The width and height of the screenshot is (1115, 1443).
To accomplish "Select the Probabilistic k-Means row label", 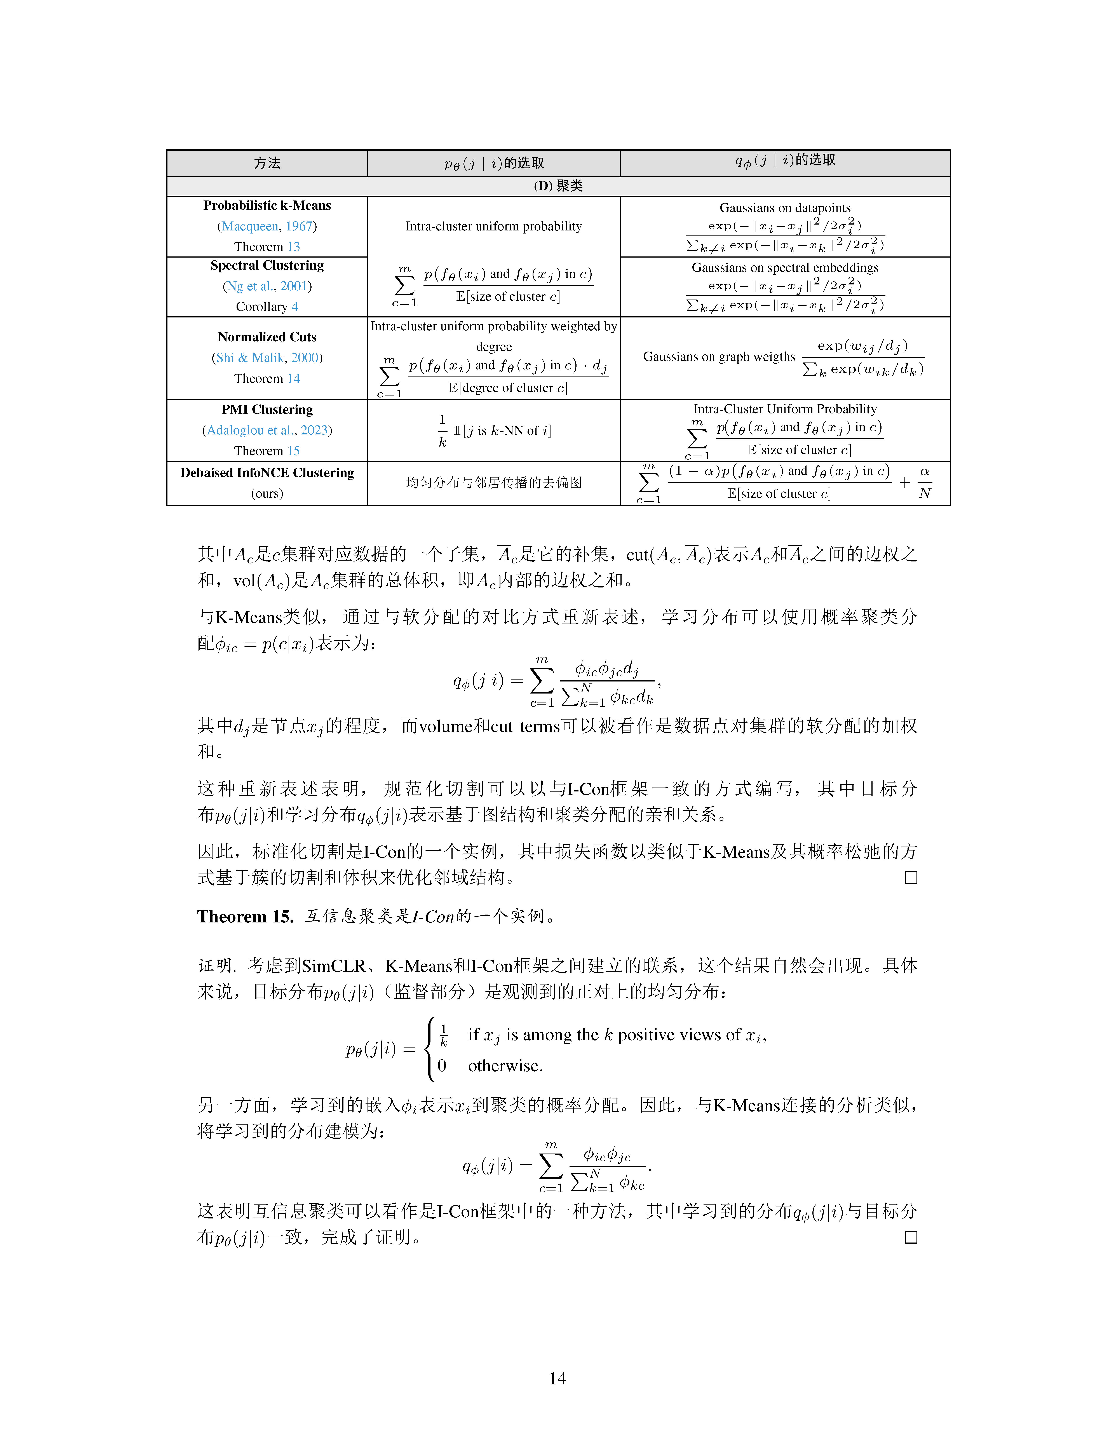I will click(267, 206).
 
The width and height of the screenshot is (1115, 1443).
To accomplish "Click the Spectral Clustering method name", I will click(267, 266).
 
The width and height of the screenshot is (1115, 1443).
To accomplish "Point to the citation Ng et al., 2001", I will click(267, 286).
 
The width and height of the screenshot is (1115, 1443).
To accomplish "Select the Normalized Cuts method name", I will click(267, 337).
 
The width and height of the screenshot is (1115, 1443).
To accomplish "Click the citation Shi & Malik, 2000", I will click(267, 357).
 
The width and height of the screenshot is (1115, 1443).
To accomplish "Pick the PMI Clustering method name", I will click(267, 410).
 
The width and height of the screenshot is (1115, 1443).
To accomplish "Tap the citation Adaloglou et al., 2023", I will click(267, 430).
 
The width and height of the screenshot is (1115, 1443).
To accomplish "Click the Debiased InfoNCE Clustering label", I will click(267, 473).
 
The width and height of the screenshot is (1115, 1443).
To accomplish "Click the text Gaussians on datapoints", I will click(785, 208).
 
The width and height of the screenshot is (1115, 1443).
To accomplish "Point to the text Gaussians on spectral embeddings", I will click(785, 268).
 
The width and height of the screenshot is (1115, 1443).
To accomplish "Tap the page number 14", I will click(557, 1378).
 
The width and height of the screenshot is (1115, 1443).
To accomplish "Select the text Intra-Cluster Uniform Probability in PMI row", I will click(785, 409).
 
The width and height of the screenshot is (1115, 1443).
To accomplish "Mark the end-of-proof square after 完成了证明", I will click(911, 1237).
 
